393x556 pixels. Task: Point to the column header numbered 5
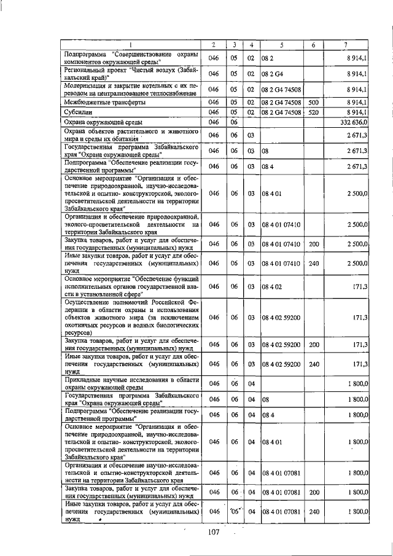pyautogui.click(x=282, y=45)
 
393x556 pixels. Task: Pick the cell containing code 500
pyautogui.click(x=313, y=102)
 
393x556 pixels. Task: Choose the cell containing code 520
pyautogui.click(x=313, y=112)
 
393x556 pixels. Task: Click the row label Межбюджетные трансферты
pyautogui.click(x=101, y=102)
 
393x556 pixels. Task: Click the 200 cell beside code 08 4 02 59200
pyautogui.click(x=313, y=347)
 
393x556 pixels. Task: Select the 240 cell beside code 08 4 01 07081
pyautogui.click(x=313, y=511)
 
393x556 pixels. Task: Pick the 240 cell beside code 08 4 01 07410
pyautogui.click(x=313, y=264)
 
